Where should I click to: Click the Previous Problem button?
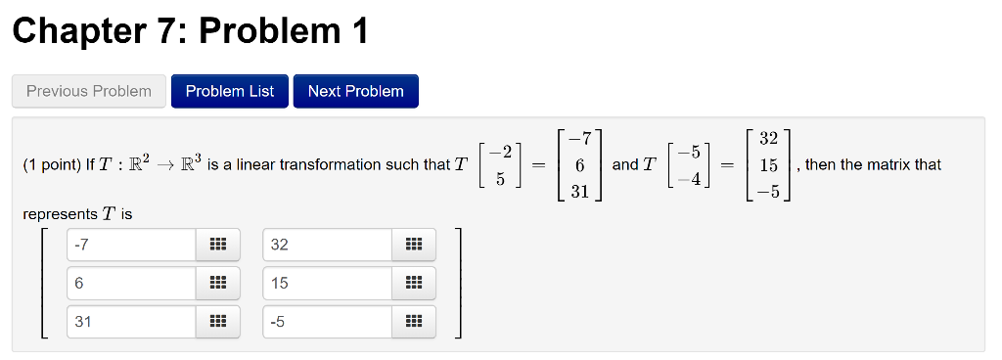coord(89,91)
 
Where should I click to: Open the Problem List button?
coord(230,91)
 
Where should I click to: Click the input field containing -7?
coord(132,245)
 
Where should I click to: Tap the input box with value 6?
coord(132,283)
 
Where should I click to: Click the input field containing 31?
coord(132,321)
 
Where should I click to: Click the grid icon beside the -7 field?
coord(217,245)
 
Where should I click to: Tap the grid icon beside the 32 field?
coord(413,245)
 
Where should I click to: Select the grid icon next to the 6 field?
coord(217,283)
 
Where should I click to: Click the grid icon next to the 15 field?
coord(413,283)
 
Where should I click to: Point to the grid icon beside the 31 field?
coord(217,321)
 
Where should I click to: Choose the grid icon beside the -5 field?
coord(413,321)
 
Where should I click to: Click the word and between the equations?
coord(625,164)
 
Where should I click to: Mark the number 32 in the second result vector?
coord(768,141)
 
